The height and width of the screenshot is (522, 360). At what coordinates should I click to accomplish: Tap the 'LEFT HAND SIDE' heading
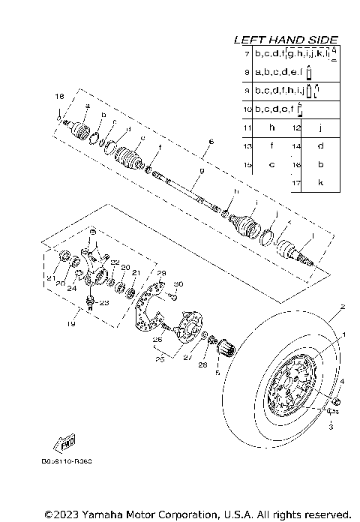point(286,40)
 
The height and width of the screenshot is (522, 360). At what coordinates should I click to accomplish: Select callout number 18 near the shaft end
point(59,97)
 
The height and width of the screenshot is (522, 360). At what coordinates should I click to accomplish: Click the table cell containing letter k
point(321,182)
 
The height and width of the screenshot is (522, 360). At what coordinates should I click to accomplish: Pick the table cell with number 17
point(296,182)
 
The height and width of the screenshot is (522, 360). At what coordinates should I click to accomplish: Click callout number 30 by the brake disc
point(178,283)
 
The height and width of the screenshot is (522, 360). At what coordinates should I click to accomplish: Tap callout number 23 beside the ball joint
point(103,302)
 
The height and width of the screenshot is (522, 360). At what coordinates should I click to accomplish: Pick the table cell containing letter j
point(321,128)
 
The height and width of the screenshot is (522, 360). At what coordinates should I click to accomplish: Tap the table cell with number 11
point(247,128)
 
